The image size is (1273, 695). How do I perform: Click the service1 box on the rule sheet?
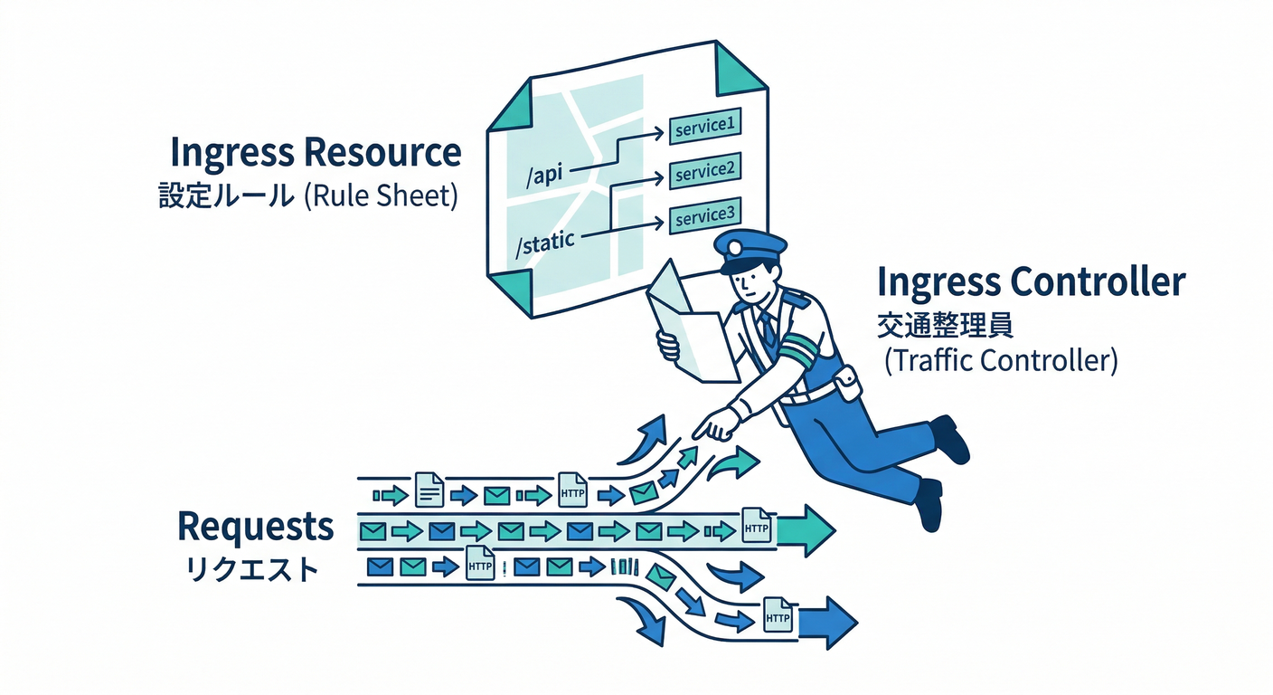(704, 128)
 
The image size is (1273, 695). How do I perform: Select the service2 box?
(704, 172)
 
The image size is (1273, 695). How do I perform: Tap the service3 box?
(704, 216)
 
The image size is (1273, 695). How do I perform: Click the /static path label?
(544, 244)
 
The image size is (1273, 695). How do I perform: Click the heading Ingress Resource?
(316, 153)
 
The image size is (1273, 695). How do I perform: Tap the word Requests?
(255, 526)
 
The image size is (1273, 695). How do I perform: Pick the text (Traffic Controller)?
(1002, 360)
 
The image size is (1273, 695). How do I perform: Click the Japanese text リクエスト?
(252, 570)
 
